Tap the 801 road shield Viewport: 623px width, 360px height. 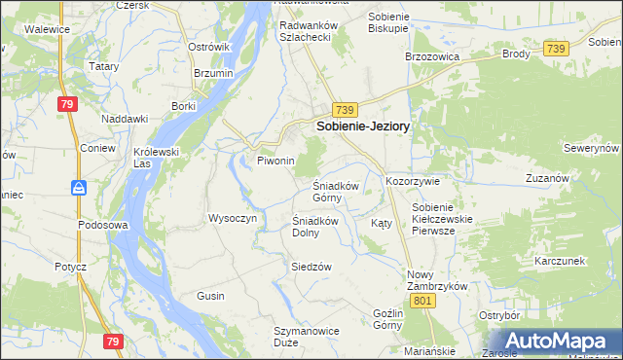pos(421,303)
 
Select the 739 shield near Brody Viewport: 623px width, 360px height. pos(556,49)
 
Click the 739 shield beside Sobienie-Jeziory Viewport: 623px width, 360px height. pos(346,110)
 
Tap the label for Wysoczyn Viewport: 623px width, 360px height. pos(232,218)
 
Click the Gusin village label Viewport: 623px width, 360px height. pos(210,295)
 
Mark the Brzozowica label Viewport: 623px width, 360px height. pos(431,56)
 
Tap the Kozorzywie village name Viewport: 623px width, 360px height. pos(414,181)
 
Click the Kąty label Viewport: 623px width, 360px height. pos(382,223)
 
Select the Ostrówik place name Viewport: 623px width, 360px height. pos(208,46)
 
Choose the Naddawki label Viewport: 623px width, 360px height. pos(125,119)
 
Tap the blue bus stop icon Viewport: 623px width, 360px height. pos(78,187)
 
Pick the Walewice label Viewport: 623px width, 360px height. pos(47,30)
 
